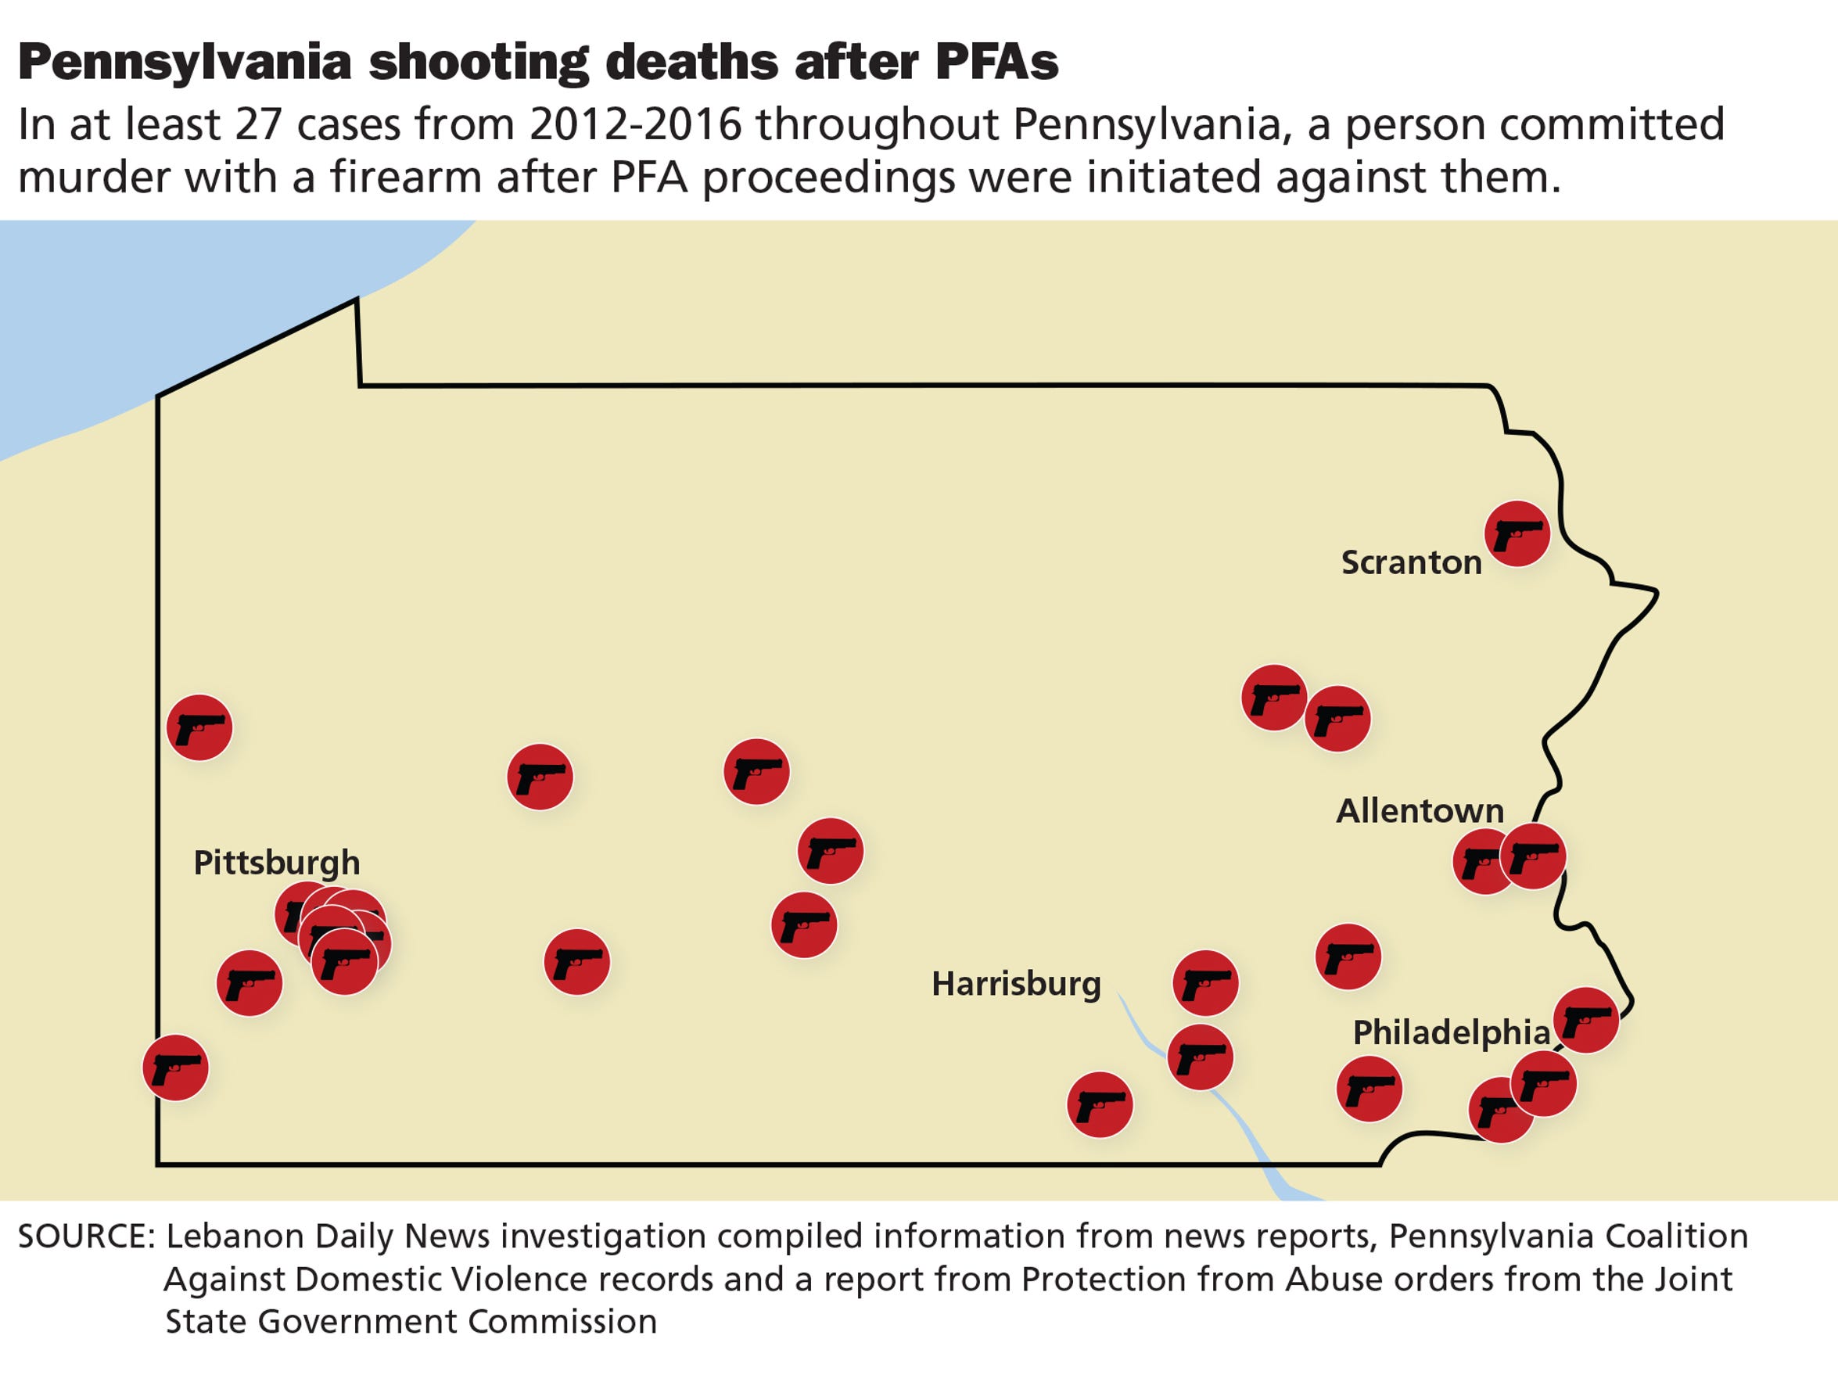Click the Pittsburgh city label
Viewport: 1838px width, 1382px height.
coord(277,863)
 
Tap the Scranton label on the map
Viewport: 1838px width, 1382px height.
coord(1411,562)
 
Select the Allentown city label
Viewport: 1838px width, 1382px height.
coord(1420,810)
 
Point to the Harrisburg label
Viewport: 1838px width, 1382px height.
coord(1015,984)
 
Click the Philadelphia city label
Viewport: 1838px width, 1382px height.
coord(1451,1032)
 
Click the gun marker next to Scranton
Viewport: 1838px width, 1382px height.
coord(1517,533)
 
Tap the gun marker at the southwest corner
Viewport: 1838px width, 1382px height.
coord(175,1067)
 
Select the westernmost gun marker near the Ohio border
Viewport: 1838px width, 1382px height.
coord(199,727)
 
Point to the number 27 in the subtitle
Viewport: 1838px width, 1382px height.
coord(258,124)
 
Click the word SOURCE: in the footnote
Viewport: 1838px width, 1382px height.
coord(86,1237)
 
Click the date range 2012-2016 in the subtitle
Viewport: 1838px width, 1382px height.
coord(635,124)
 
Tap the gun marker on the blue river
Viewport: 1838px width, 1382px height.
coord(1200,1057)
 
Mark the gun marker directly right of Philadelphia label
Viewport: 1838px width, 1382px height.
coord(1585,1020)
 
